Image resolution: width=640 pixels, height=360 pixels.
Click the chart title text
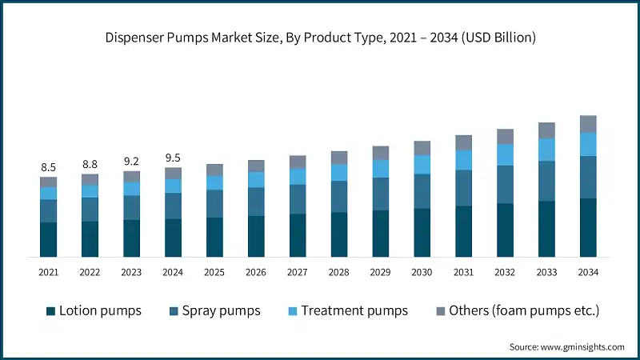(x=320, y=37)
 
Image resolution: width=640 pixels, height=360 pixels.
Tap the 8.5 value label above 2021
(x=49, y=167)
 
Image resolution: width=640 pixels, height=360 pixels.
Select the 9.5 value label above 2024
(x=173, y=158)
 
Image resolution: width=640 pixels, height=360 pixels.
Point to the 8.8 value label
(x=90, y=164)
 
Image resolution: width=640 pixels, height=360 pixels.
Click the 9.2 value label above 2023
(x=131, y=161)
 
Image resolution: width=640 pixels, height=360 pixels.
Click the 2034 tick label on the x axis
(x=588, y=273)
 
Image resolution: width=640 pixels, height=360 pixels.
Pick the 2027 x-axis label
(x=298, y=273)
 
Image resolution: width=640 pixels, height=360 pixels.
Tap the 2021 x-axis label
(x=49, y=273)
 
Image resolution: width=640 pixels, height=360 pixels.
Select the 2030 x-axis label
(x=422, y=273)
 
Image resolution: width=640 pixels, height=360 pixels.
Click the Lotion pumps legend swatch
(x=51, y=310)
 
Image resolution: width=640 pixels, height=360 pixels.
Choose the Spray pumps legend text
(x=221, y=310)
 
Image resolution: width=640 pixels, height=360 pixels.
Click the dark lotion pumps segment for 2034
(x=588, y=227)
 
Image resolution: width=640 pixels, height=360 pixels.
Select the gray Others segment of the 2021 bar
(x=49, y=182)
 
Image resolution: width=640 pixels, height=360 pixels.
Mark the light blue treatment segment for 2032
(x=505, y=154)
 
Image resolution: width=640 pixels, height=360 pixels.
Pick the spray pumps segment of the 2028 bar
(x=339, y=196)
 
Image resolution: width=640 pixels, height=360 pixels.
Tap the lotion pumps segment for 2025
(x=214, y=237)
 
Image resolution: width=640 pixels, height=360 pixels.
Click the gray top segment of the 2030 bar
(x=422, y=147)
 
